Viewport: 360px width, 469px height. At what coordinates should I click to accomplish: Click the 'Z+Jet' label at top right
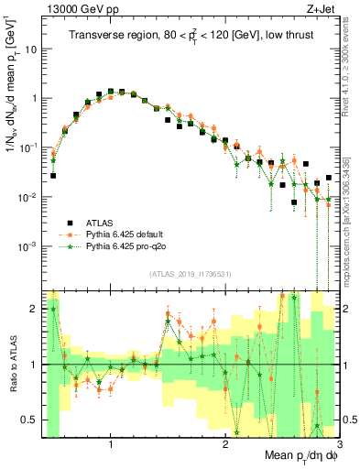pyautogui.click(x=322, y=9)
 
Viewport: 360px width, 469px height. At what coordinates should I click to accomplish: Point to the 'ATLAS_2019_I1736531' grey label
pyautogui.click(x=190, y=273)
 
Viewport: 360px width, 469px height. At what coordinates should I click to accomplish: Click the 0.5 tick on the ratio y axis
pyautogui.click(x=28, y=420)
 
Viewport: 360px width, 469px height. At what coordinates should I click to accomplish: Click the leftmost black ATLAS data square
pyautogui.click(x=53, y=175)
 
